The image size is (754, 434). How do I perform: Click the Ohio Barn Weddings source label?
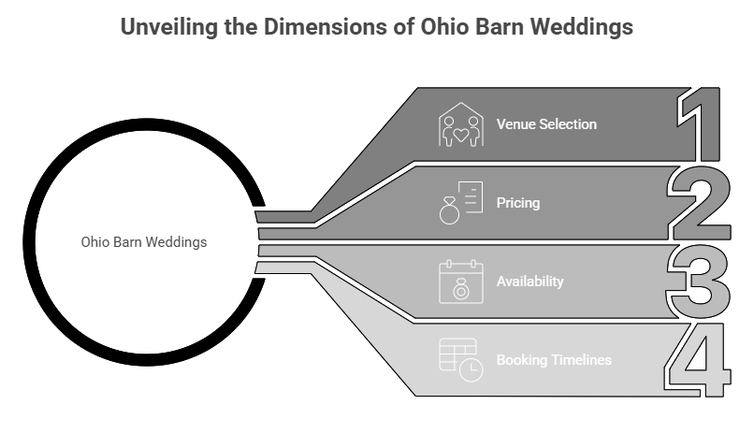[144, 241]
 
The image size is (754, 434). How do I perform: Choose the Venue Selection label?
[546, 124]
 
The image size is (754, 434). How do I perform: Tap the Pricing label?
[517, 201]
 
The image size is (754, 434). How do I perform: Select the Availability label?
[529, 281]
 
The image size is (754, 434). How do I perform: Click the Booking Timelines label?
[554, 359]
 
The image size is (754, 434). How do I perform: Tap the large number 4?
[696, 359]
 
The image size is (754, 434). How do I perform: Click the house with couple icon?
[462, 125]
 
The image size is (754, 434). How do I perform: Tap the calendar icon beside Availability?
[461, 282]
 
